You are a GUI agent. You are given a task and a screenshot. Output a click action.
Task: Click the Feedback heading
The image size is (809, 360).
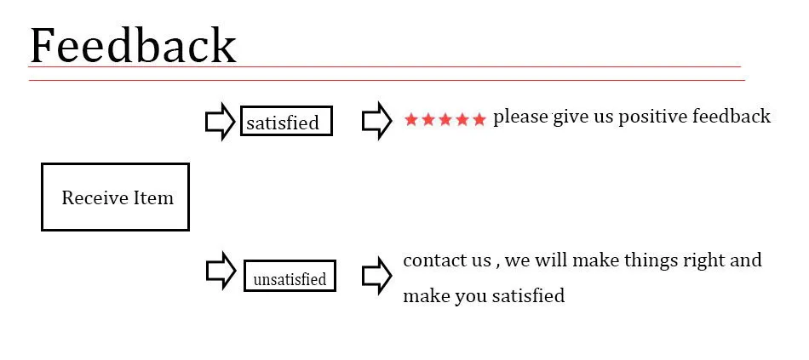[132, 45]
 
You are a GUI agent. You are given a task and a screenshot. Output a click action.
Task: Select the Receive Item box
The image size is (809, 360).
[115, 197]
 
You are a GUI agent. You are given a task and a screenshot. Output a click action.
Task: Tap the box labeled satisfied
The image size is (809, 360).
[286, 122]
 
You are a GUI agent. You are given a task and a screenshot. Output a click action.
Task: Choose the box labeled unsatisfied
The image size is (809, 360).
[290, 277]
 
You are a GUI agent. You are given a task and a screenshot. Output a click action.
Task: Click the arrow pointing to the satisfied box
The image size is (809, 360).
[220, 122]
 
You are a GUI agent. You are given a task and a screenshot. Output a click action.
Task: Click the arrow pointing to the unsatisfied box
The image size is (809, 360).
[221, 271]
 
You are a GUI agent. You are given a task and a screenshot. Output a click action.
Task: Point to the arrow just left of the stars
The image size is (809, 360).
[376, 121]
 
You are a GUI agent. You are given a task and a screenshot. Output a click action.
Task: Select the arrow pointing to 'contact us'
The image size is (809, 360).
[376, 276]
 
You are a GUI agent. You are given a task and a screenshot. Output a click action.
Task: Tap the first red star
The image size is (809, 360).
[411, 119]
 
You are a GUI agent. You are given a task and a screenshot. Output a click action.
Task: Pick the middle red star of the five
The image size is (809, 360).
[445, 119]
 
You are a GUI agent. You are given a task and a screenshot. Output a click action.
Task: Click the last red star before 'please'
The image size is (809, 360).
[479, 119]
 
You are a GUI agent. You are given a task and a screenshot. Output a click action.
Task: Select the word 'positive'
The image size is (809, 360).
[652, 117]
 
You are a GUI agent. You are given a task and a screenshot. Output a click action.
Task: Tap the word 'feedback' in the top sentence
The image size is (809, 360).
[732, 116]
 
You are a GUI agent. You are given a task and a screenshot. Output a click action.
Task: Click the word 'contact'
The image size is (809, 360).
[433, 260]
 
